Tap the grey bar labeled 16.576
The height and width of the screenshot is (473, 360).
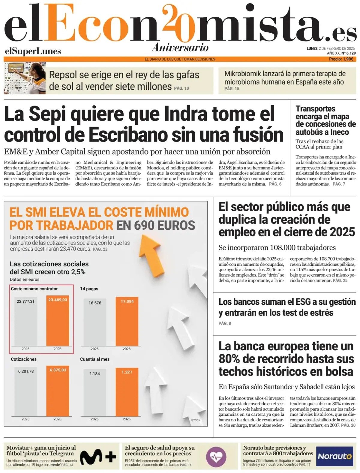(x=95, y=322)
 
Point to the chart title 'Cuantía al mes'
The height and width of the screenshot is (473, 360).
(x=95, y=359)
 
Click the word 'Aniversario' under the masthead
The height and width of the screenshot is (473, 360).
(x=180, y=47)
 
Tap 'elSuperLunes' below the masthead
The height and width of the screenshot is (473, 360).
(x=33, y=51)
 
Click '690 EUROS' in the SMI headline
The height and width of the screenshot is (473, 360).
(x=156, y=225)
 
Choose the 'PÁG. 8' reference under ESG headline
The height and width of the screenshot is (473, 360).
(x=225, y=323)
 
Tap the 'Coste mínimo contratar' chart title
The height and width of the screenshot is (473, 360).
(x=34, y=289)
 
